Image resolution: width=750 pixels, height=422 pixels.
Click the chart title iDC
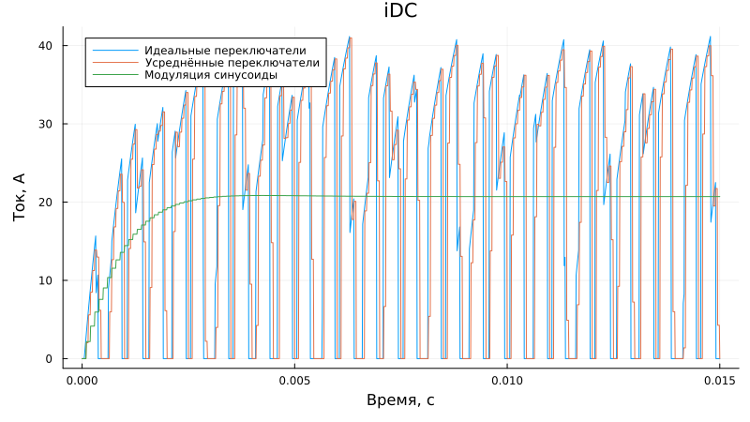pos(400,11)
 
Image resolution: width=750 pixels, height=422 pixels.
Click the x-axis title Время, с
pos(400,400)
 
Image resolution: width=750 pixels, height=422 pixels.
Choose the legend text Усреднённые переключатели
pos(232,63)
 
